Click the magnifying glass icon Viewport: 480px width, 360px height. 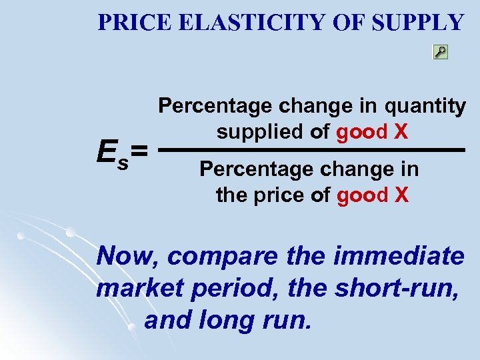[440, 52]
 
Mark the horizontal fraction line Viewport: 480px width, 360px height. [313, 151]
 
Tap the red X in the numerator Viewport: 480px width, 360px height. [401, 131]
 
